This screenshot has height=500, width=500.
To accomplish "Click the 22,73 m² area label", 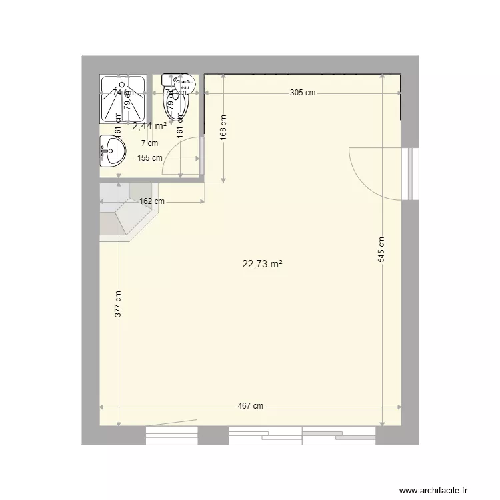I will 262,264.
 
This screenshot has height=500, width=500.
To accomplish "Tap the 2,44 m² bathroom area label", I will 149,125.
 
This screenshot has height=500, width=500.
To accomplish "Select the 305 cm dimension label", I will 303,93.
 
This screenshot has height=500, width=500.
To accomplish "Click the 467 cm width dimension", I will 251,407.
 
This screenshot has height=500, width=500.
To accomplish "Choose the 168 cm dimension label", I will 223,127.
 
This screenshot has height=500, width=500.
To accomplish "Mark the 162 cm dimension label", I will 152,201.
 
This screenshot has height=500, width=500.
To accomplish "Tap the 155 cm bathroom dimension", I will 150,158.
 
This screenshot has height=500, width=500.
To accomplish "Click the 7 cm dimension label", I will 149,143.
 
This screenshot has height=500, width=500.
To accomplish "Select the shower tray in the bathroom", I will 123,98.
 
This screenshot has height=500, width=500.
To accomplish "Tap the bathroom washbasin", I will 111,151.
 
